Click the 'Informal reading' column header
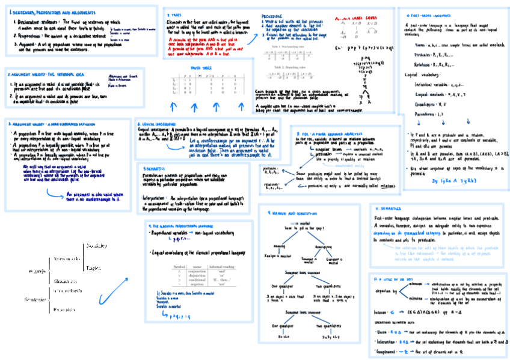(223, 266)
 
